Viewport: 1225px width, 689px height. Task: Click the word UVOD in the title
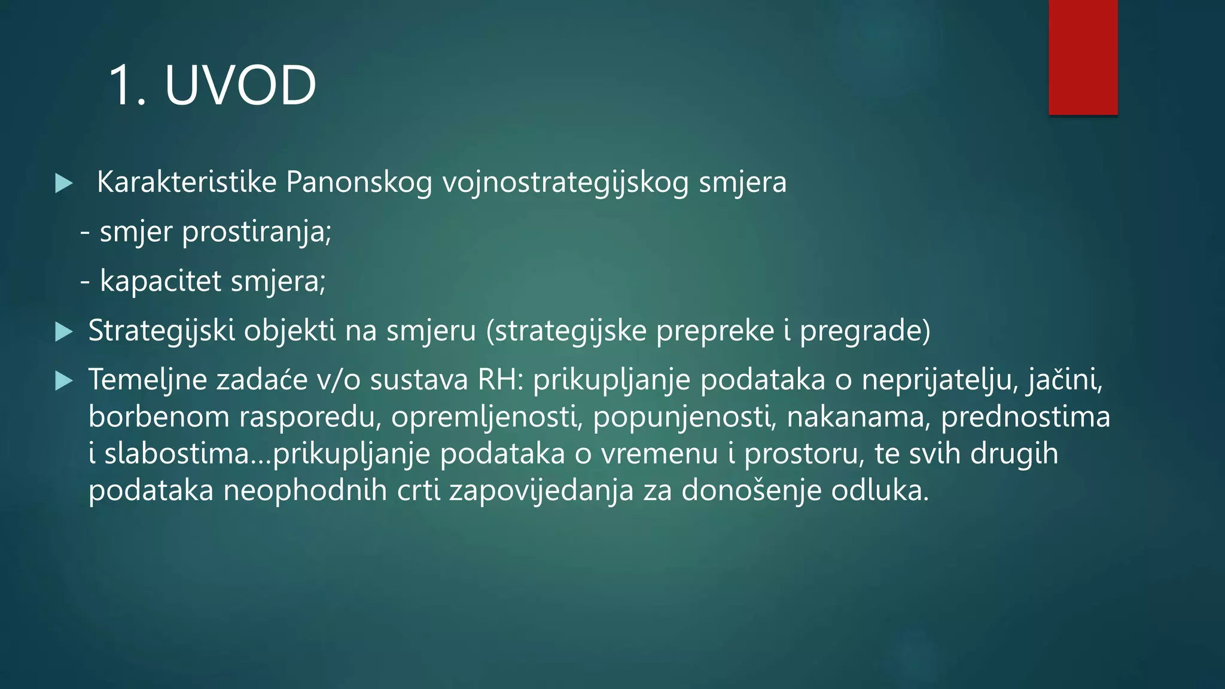(240, 86)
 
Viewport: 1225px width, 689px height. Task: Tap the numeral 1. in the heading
(127, 86)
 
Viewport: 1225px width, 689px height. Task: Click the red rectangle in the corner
(1083, 57)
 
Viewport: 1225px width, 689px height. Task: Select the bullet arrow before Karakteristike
(63, 183)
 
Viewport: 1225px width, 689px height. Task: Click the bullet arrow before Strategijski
(63, 331)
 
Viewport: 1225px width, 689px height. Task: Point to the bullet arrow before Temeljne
(63, 381)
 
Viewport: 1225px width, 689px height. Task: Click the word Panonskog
(359, 182)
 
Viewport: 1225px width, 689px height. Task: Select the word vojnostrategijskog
(565, 182)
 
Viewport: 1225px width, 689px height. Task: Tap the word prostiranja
(256, 232)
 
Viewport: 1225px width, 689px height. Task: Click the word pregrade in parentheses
(864, 331)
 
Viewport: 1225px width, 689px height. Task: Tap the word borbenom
(159, 417)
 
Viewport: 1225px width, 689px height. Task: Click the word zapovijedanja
(541, 491)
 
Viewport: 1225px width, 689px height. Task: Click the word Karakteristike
(186, 182)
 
